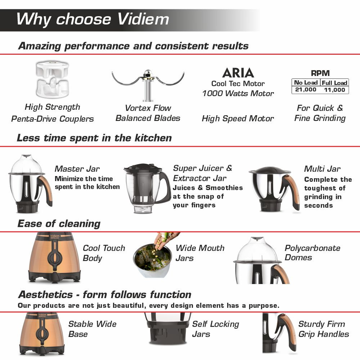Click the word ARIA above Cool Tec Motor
click(x=238, y=73)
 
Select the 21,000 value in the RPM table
click(x=306, y=90)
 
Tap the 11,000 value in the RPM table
click(x=334, y=90)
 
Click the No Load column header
click(x=306, y=82)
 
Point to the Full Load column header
click(x=334, y=82)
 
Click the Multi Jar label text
click(x=322, y=169)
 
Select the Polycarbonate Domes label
click(x=312, y=253)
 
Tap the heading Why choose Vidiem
click(x=93, y=19)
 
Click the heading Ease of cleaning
click(x=59, y=224)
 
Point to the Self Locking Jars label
click(x=215, y=329)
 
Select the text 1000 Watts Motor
click(x=238, y=94)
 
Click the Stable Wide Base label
click(x=92, y=329)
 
